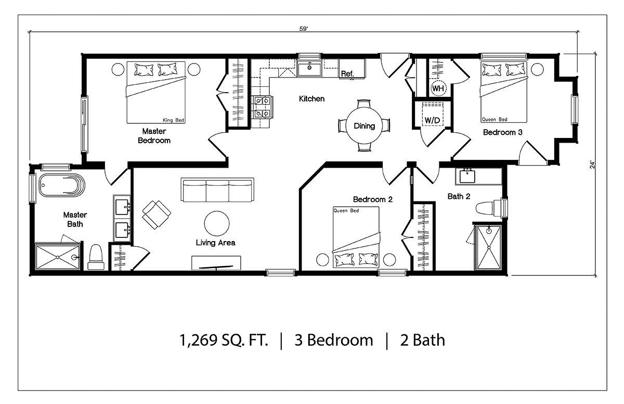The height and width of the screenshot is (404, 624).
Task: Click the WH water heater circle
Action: (x=438, y=89)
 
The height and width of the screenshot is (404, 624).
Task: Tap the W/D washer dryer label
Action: (x=432, y=120)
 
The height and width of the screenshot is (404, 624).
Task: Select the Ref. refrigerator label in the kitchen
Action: (x=347, y=73)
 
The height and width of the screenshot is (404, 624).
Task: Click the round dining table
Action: (x=364, y=126)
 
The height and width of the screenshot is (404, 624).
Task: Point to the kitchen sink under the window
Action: (x=309, y=69)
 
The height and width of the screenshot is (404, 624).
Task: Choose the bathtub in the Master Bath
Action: (x=62, y=185)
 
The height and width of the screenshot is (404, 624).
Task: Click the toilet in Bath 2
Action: (x=488, y=208)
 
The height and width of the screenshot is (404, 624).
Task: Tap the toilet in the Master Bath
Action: (x=96, y=257)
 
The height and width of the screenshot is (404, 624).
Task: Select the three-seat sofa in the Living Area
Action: (x=217, y=190)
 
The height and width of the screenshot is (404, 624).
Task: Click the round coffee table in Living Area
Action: (x=217, y=223)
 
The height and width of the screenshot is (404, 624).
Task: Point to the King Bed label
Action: (x=173, y=120)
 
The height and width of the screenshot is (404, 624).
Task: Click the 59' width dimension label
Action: (x=304, y=29)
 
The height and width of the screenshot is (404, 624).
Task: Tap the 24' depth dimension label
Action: (x=592, y=165)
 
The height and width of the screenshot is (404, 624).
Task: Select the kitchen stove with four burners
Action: (x=263, y=107)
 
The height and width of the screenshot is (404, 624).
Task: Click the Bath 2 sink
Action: (x=467, y=176)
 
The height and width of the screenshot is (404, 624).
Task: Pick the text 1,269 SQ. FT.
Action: (x=224, y=340)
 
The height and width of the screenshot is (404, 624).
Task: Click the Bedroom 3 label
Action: (x=502, y=132)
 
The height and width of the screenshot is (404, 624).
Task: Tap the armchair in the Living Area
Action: (x=157, y=214)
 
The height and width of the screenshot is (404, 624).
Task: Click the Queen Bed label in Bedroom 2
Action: (x=346, y=210)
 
